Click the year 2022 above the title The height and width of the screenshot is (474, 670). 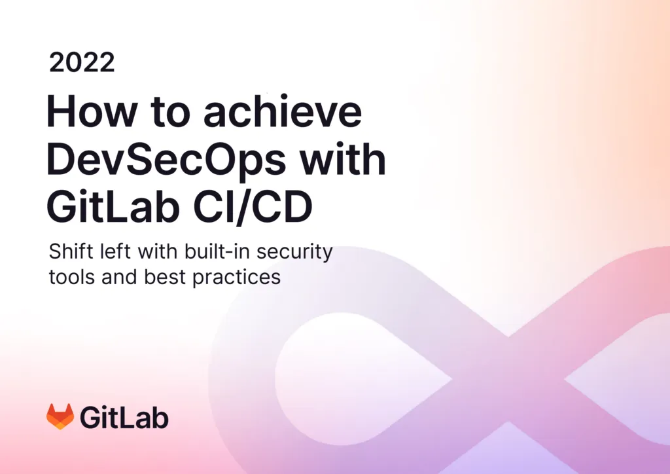82,63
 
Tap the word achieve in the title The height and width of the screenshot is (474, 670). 282,112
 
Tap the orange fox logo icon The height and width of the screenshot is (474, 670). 60,416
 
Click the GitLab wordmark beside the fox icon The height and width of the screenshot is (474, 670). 124,417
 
